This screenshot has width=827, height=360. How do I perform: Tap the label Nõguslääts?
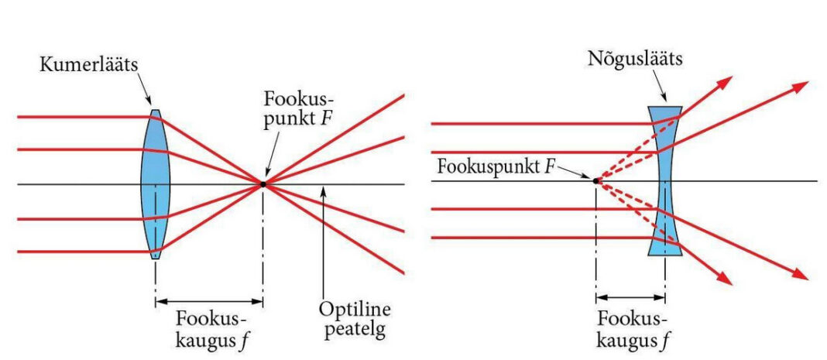click(633, 59)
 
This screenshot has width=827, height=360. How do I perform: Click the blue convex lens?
click(156, 183)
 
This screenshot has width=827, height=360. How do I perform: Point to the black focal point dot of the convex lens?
click(263, 183)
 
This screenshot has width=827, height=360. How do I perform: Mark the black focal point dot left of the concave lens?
click(596, 180)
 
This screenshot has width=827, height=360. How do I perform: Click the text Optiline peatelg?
click(355, 320)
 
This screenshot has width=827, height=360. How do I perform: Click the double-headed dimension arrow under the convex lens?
click(209, 300)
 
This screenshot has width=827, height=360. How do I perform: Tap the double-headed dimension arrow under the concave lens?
click(631, 297)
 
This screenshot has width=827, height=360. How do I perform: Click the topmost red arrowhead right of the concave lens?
click(726, 81)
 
